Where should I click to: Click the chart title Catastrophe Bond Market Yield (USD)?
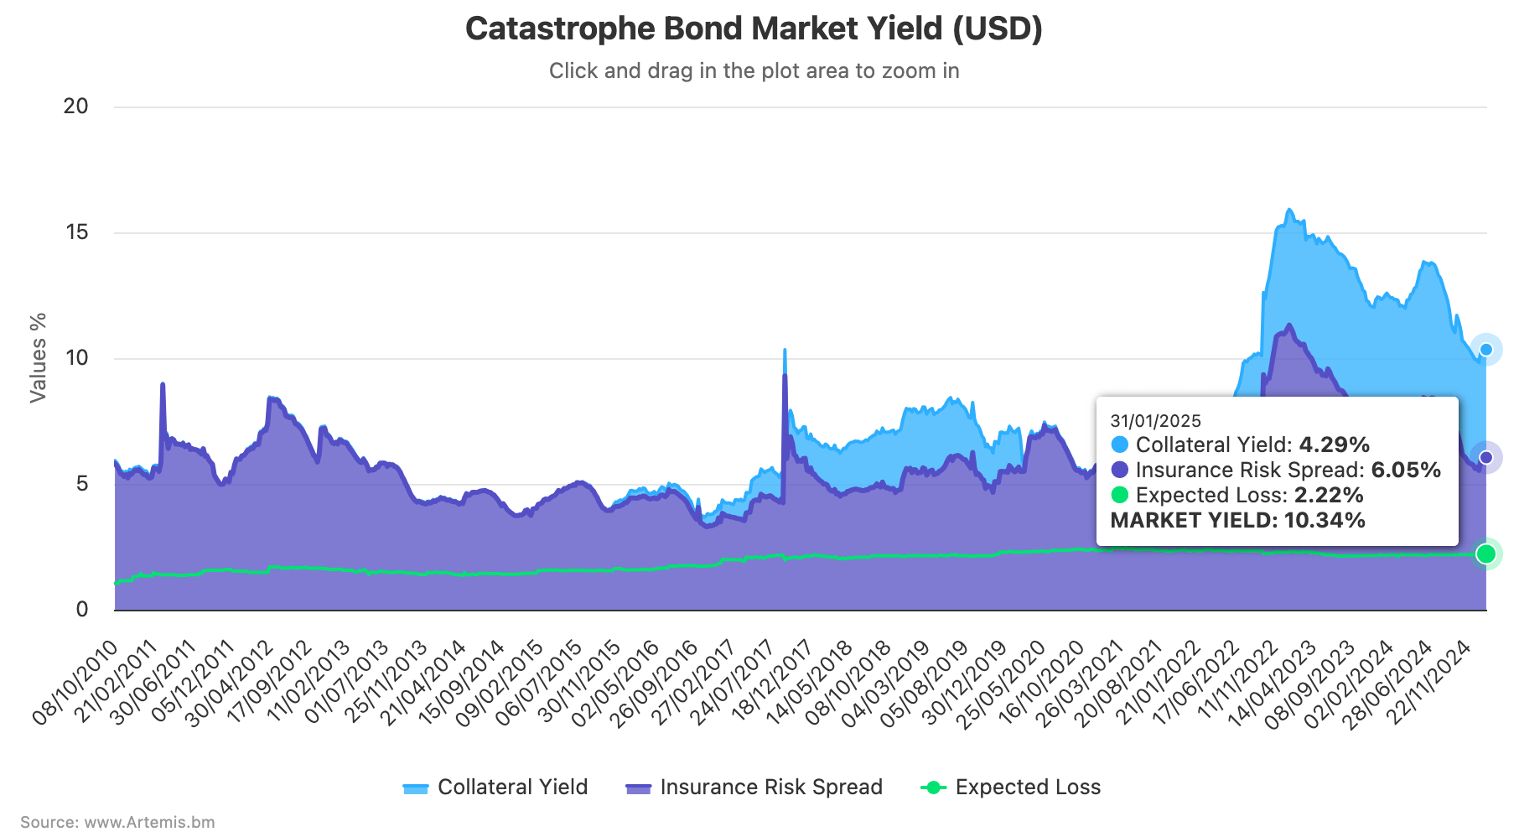(754, 29)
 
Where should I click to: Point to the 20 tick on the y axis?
(76, 107)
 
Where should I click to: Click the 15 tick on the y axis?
(76, 232)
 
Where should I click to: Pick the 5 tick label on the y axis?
(82, 484)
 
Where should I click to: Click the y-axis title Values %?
(38, 358)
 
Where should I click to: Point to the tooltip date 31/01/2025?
(1155, 421)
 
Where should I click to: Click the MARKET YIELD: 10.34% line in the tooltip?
(1237, 520)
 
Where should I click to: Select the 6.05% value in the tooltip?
(1406, 470)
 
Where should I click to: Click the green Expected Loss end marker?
(1486, 554)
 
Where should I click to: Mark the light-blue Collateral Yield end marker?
(1486, 350)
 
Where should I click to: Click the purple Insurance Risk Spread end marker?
(1486, 457)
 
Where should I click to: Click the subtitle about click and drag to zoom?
(754, 70)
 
